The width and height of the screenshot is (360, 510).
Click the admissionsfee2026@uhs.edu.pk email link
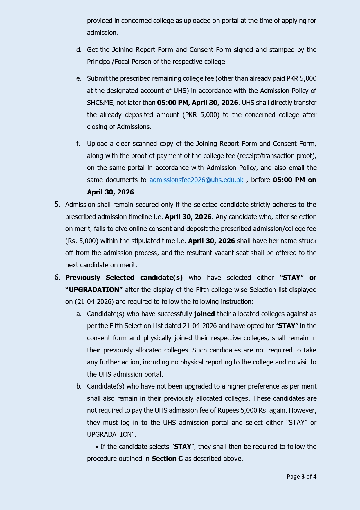[x=196, y=180]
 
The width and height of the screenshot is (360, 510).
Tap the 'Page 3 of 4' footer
[x=301, y=477]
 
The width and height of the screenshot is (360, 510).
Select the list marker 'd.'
[x=79, y=50]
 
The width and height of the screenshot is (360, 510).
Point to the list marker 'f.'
[x=78, y=144]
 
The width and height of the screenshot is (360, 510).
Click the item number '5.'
[x=57, y=205]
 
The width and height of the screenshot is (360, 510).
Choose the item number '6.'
[x=57, y=278]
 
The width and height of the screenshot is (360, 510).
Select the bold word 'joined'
[x=204, y=314]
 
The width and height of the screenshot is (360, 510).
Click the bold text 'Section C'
[x=167, y=459]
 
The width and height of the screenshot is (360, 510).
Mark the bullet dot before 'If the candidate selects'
[x=97, y=447]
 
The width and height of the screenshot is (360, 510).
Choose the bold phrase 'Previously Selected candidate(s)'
[x=124, y=278]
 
